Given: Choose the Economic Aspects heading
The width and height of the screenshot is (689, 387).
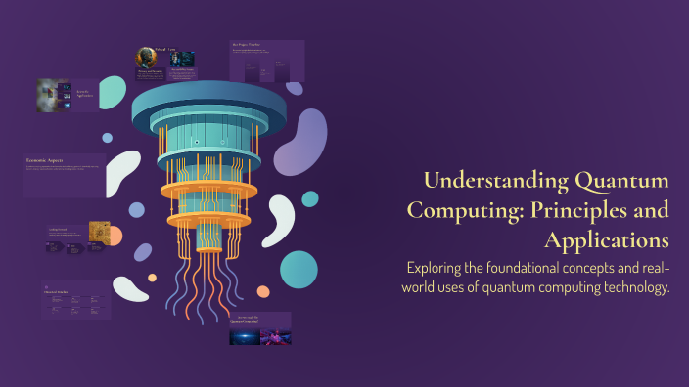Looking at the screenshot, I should point(49,159).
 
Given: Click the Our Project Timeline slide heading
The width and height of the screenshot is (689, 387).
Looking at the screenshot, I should point(251,45).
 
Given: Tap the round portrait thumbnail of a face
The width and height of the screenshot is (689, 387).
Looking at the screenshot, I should point(148,59).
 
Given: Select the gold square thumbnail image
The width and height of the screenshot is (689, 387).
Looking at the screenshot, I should point(99,232).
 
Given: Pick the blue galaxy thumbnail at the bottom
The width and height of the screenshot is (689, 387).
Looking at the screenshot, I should point(245,336).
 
